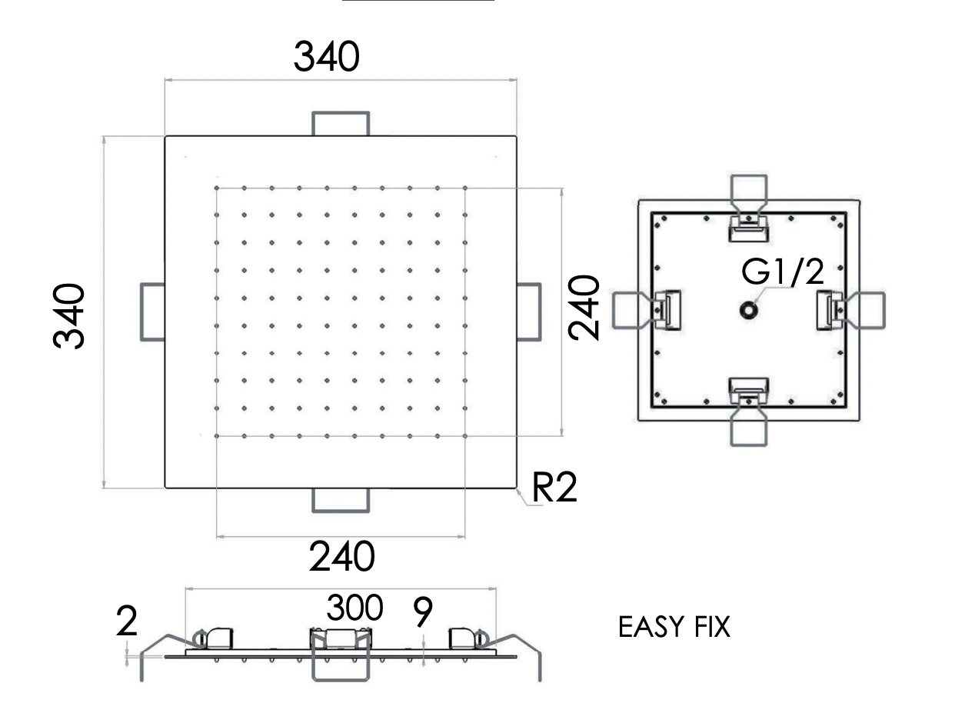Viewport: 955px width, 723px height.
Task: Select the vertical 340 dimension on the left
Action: [x=69, y=315]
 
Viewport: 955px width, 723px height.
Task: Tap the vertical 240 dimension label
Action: [x=584, y=307]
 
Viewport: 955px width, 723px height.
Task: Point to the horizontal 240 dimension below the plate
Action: [x=341, y=556]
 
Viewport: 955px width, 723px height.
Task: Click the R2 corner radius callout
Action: [x=554, y=488]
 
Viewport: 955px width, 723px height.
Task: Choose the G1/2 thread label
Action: [x=783, y=272]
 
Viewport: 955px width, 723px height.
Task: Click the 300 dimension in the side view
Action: [x=354, y=608]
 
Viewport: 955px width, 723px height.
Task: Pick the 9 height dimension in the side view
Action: [x=422, y=612]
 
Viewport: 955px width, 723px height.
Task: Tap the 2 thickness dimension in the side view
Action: [x=128, y=621]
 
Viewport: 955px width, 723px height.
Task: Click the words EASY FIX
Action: [x=674, y=627]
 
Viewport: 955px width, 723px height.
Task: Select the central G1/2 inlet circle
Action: [x=747, y=310]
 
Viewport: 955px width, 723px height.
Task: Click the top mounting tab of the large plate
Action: [x=341, y=123]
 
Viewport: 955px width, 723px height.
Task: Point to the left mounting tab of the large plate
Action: [x=152, y=312]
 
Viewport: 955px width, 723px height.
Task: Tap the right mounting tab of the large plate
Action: [x=528, y=312]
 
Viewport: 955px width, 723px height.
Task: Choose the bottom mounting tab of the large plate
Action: [x=341, y=500]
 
